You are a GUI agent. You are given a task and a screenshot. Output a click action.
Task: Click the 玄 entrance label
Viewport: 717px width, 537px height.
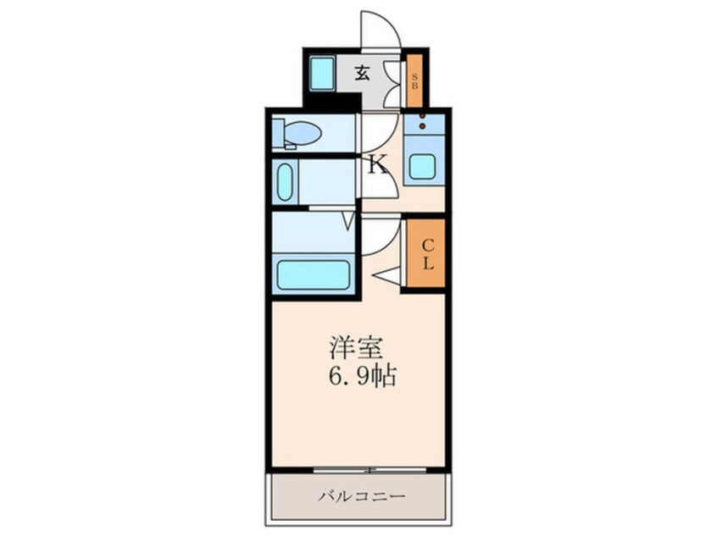[x=362, y=73]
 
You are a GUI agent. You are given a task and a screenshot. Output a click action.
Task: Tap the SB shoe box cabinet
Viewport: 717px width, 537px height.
[x=414, y=80]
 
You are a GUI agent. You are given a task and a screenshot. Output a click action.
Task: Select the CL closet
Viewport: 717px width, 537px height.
[x=427, y=254]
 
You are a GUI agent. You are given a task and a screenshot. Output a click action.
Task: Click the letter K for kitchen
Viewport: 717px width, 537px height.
[x=376, y=164]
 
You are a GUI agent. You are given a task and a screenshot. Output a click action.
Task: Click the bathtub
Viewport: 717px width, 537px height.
[x=314, y=274]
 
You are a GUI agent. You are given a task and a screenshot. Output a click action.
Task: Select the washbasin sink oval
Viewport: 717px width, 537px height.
[x=286, y=182]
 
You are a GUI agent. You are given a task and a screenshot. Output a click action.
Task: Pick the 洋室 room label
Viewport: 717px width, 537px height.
[x=358, y=348]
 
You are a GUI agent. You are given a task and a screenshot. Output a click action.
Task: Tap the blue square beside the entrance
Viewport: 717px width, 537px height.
[x=322, y=75]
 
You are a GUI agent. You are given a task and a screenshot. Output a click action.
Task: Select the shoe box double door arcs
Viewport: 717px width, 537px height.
[x=392, y=83]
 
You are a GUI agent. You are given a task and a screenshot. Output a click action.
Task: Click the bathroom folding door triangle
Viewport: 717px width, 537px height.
[x=348, y=221]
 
